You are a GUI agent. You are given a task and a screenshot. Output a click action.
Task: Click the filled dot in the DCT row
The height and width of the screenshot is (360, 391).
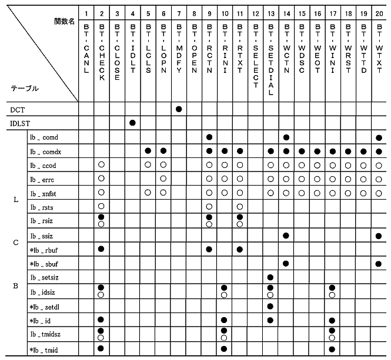[178, 109]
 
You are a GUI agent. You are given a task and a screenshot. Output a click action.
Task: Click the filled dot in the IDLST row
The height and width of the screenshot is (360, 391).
[132, 123]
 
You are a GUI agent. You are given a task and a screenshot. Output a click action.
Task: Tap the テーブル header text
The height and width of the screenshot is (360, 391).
[25, 88]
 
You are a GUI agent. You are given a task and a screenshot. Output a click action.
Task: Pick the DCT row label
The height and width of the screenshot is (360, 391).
[18, 109]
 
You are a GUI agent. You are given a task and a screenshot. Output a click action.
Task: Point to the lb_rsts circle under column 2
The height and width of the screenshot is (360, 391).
[101, 206]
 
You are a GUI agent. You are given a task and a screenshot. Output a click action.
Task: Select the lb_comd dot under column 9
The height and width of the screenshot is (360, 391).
[209, 137]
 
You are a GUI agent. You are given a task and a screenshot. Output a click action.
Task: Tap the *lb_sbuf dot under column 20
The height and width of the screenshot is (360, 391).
[378, 263]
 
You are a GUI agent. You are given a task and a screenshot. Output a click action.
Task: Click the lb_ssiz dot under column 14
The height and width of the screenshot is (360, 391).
[286, 235]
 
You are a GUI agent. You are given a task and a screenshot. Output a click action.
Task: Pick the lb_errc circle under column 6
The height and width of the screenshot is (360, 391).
[163, 178]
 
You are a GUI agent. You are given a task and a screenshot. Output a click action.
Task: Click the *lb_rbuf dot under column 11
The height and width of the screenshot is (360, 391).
[240, 249]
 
